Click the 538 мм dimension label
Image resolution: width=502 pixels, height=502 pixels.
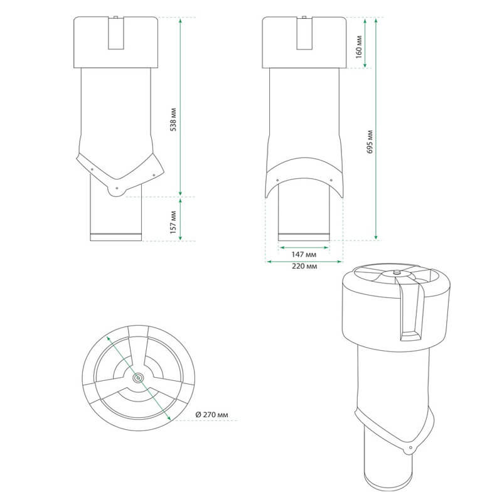click(x=173, y=119)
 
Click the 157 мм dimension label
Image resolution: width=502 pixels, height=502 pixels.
click(x=173, y=222)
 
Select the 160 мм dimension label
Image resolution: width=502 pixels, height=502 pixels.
click(x=359, y=47)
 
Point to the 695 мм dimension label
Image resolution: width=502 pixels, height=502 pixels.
click(x=370, y=142)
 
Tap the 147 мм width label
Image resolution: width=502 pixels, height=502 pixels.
click(x=304, y=255)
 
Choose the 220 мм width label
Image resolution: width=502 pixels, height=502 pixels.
click(x=304, y=266)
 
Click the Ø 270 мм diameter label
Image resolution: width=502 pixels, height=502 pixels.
click(x=212, y=415)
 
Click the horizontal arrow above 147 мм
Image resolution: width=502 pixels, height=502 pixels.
click(x=304, y=247)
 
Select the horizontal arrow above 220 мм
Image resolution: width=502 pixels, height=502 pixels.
click(x=304, y=262)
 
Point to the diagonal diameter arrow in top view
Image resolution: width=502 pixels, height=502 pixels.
click(x=138, y=378)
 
